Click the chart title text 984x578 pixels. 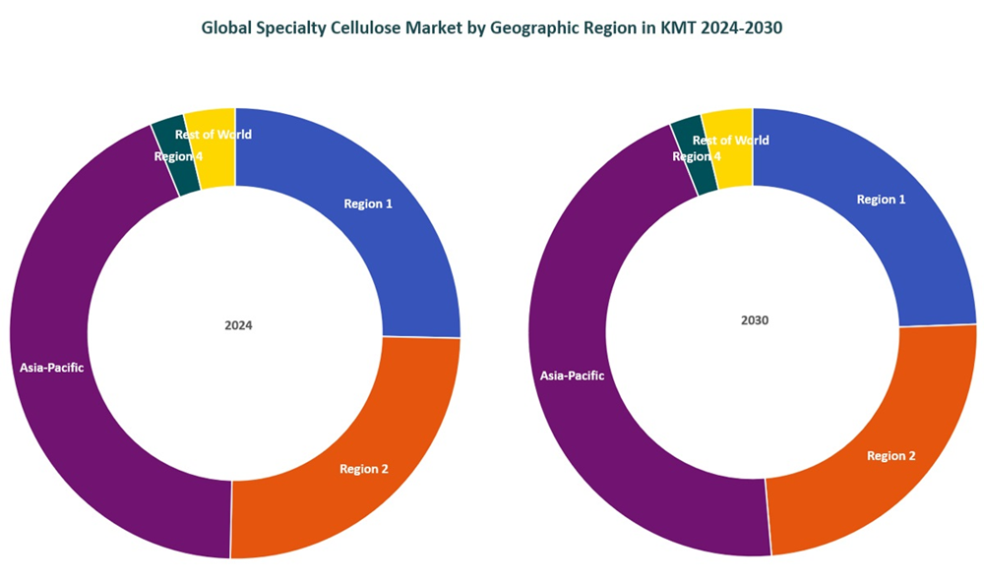[x=491, y=29]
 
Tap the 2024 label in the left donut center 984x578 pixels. [x=238, y=325]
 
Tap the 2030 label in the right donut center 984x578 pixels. [x=754, y=320]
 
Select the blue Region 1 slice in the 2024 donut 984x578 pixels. [x=394, y=246]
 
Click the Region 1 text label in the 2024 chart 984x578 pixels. [x=368, y=204]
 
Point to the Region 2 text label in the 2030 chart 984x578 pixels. [x=892, y=456]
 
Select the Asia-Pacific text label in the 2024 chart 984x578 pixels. [x=52, y=369]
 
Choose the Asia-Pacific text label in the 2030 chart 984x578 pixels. [x=572, y=376]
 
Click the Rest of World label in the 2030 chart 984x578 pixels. [x=731, y=141]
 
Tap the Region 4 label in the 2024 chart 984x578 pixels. [x=178, y=156]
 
